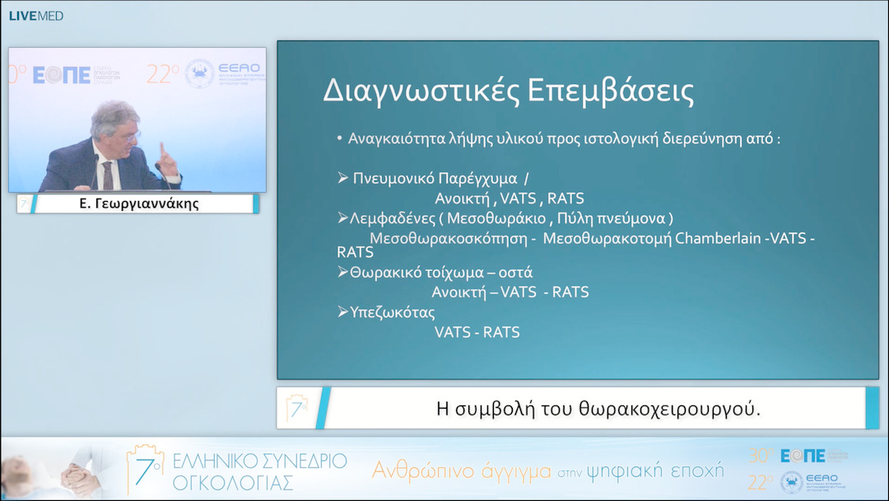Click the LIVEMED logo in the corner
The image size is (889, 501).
pyautogui.click(x=35, y=16)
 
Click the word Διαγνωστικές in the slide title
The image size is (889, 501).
pyautogui.click(x=412, y=91)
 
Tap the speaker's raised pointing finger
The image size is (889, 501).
pyautogui.click(x=162, y=151)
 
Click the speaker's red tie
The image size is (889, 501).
pyautogui.click(x=107, y=175)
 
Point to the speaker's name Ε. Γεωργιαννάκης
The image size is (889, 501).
pyautogui.click(x=139, y=204)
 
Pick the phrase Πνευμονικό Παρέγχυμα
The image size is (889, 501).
pyautogui.click(x=435, y=178)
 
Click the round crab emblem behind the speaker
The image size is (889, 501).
pyautogui.click(x=199, y=74)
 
